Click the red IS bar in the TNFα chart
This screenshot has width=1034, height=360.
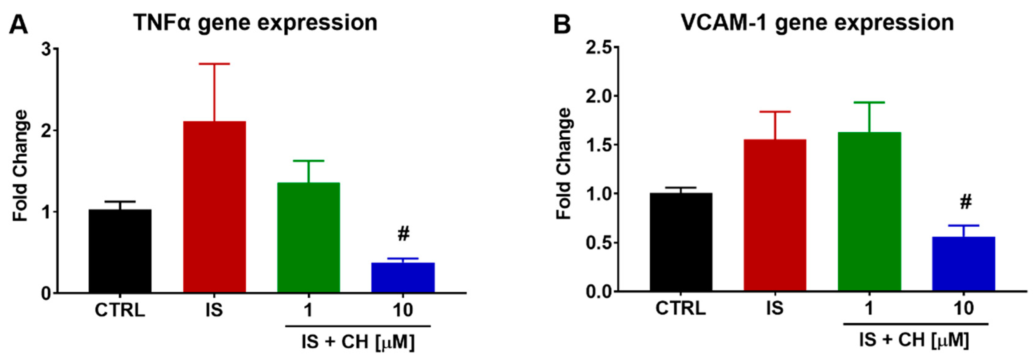click(x=214, y=207)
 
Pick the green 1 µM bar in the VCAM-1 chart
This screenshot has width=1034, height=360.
click(x=869, y=211)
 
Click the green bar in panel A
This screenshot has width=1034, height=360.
click(x=309, y=237)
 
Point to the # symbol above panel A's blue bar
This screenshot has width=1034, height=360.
click(x=403, y=234)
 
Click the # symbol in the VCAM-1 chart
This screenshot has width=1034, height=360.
click(x=966, y=202)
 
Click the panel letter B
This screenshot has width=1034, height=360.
click(x=562, y=25)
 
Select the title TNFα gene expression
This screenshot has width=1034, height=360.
click(x=255, y=22)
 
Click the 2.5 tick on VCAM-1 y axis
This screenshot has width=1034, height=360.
click(x=599, y=47)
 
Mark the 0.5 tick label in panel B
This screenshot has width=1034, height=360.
click(x=599, y=243)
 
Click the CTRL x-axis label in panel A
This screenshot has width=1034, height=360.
click(x=120, y=310)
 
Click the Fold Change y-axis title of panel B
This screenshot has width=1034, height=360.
click(x=564, y=164)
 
